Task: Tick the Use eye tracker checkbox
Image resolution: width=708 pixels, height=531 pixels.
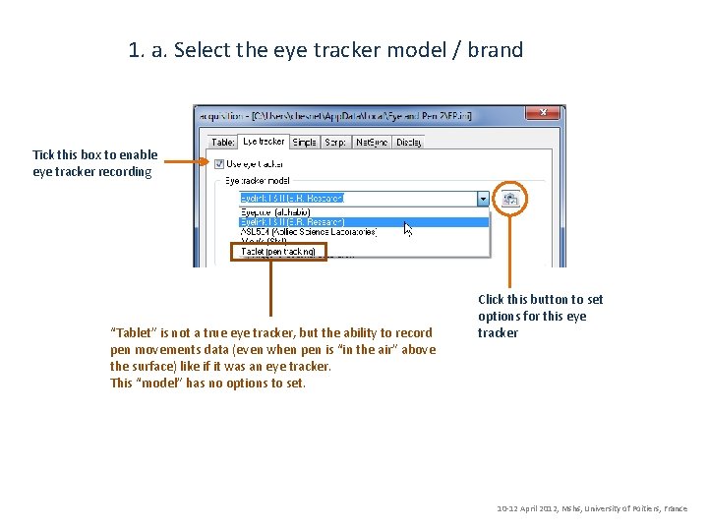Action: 219,163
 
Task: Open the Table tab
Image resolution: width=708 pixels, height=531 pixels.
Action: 223,143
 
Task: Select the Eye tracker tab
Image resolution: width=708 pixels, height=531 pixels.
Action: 263,142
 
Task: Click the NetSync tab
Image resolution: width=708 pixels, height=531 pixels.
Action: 370,143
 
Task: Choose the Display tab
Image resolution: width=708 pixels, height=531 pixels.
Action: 408,143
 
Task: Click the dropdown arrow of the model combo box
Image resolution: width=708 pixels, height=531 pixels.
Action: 483,199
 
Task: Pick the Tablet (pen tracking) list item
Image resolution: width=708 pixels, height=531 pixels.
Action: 279,252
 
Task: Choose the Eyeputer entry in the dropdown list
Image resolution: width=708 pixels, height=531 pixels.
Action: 275,211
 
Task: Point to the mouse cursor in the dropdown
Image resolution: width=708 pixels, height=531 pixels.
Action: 407,228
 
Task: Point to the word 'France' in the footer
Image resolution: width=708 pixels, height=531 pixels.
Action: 676,509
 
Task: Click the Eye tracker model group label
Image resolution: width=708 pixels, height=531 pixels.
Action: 257,181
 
